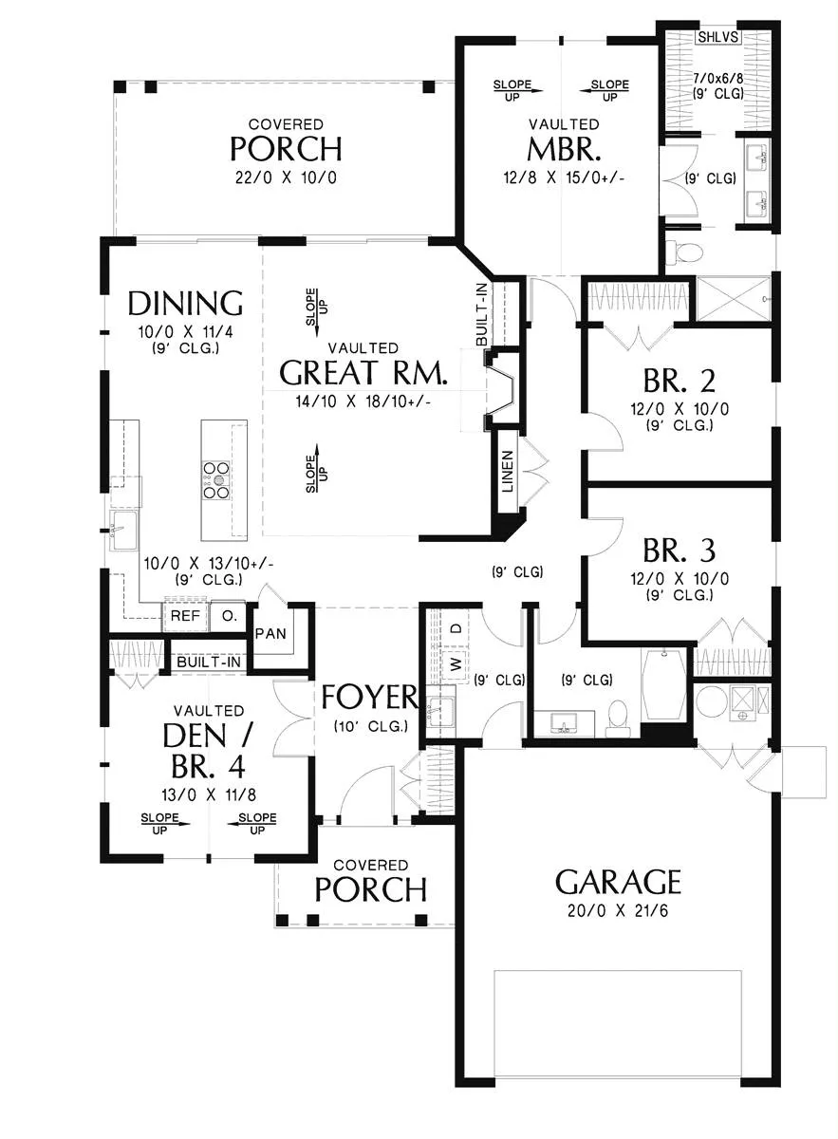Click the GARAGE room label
(618, 882)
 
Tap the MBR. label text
(564, 150)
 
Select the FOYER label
(369, 697)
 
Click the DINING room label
(185, 303)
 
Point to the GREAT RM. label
(364, 372)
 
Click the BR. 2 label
(680, 381)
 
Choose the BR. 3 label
(680, 551)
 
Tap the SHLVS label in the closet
(718, 37)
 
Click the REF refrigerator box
(185, 616)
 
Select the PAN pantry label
(270, 634)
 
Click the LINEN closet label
(508, 472)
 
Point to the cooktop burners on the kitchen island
(216, 480)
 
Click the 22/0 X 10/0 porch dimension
(286, 178)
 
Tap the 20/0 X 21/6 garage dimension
(618, 910)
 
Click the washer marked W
(456, 663)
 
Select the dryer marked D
(456, 628)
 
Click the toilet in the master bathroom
(683, 251)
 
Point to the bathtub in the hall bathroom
(664, 684)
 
